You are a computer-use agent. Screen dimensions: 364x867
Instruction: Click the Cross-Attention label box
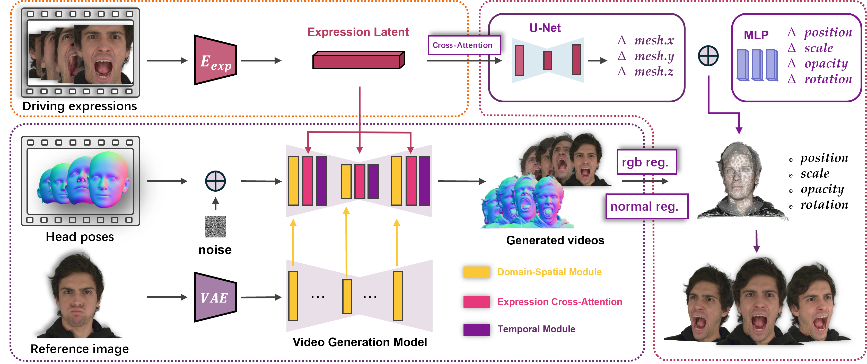[464, 45]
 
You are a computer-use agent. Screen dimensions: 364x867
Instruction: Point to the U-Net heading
[545, 28]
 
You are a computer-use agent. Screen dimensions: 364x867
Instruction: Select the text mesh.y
[654, 56]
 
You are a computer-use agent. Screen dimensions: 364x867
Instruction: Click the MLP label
[756, 35]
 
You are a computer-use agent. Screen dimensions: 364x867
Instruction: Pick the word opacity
[826, 64]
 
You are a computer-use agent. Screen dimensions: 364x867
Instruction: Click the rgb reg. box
[646, 162]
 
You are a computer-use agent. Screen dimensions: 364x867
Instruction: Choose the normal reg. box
[646, 206]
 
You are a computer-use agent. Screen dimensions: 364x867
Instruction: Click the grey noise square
[215, 227]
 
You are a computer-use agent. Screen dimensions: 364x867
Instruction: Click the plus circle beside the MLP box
[708, 56]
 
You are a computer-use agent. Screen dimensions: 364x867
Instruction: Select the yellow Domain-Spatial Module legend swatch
[477, 272]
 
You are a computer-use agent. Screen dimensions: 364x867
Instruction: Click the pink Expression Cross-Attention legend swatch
[477, 302]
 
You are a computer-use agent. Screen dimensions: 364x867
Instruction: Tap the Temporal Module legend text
[536, 329]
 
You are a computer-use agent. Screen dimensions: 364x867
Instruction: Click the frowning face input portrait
[79, 296]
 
